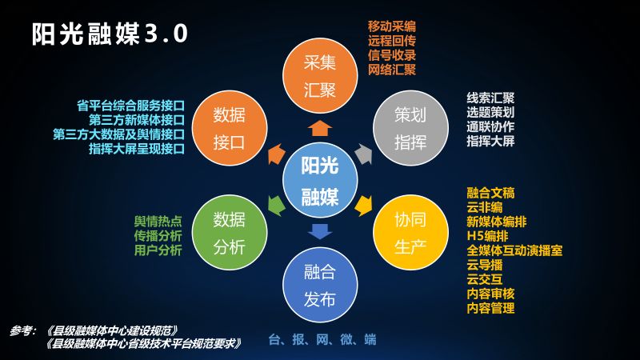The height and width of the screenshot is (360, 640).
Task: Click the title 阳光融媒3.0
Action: click(x=110, y=34)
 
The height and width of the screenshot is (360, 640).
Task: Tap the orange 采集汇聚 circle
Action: click(x=320, y=76)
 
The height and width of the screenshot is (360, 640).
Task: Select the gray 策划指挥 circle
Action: click(x=410, y=128)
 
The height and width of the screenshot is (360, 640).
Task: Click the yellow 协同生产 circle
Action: click(x=410, y=232)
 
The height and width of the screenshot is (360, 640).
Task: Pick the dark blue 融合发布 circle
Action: click(x=320, y=285)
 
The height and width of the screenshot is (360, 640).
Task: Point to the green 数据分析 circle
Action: click(x=230, y=232)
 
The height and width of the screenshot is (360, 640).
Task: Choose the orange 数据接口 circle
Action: click(x=230, y=128)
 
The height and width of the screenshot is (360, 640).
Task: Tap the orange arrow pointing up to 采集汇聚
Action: click(x=320, y=128)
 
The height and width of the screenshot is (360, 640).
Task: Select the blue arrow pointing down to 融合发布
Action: click(x=320, y=231)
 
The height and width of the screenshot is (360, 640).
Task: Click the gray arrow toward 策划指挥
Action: click(x=364, y=154)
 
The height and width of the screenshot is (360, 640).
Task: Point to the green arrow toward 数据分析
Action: click(x=277, y=206)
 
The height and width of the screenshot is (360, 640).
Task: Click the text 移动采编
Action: click(x=392, y=26)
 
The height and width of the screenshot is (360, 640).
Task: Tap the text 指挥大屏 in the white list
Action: click(x=490, y=142)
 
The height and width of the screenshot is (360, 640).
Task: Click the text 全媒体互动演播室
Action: click(x=514, y=250)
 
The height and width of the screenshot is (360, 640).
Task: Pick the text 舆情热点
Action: click(x=158, y=222)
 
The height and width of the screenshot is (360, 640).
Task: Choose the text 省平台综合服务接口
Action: click(x=130, y=106)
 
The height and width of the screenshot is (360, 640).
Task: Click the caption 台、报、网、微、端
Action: click(x=322, y=339)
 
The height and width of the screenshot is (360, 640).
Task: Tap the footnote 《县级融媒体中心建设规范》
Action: click(x=112, y=330)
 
